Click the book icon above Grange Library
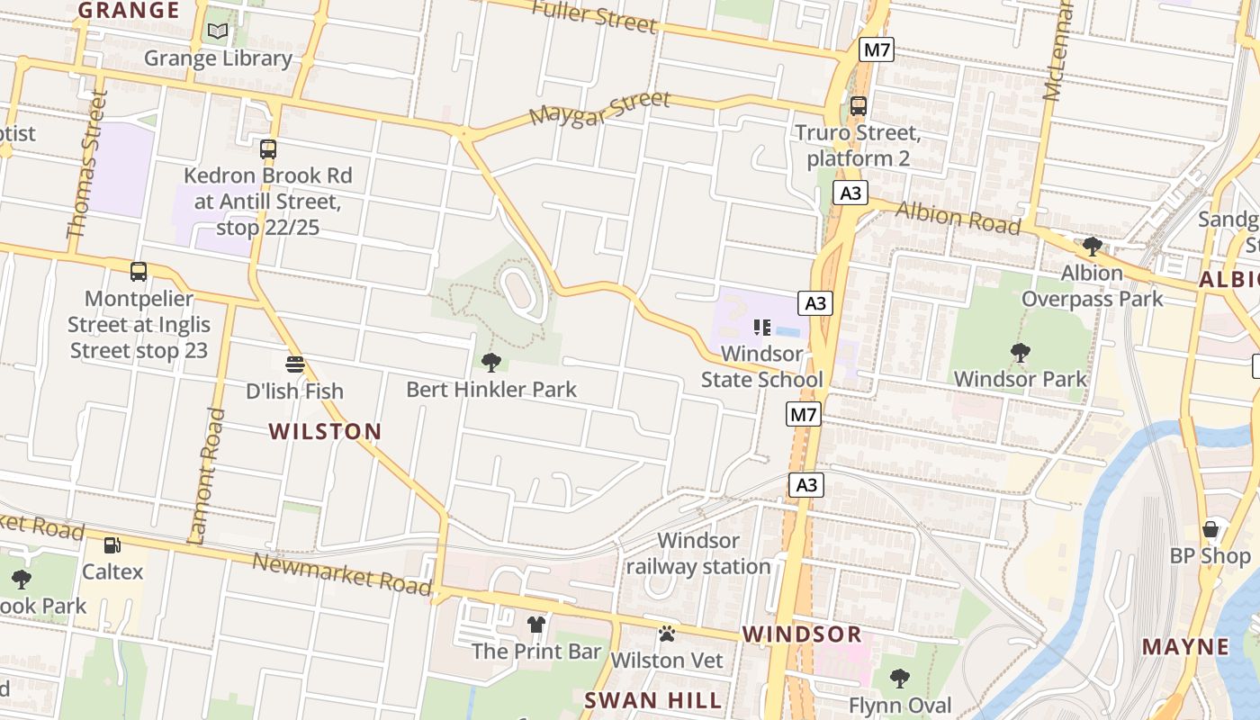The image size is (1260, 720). tap(218, 31)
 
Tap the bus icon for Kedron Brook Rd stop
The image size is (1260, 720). tap(267, 149)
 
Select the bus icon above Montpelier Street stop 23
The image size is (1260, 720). tap(138, 271)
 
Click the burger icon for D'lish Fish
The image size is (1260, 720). tap(295, 364)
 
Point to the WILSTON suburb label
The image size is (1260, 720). tap(325, 431)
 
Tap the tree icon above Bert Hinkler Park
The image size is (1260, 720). tap(491, 363)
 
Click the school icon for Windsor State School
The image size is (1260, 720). tap(762, 328)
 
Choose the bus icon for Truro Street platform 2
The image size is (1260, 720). tap(858, 106)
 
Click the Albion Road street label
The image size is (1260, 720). tap(958, 217)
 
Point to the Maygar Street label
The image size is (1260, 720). tap(599, 109)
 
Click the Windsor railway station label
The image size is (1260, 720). tap(698, 553)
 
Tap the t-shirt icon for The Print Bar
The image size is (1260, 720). tap(536, 624)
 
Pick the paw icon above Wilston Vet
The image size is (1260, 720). tap(667, 634)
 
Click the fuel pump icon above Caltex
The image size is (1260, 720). tap(112, 544)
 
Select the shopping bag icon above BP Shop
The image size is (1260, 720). tap(1210, 529)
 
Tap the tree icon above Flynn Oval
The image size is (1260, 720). tap(899, 678)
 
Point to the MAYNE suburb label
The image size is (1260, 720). tap(1185, 646)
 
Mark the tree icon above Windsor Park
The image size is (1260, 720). tap(1021, 352)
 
